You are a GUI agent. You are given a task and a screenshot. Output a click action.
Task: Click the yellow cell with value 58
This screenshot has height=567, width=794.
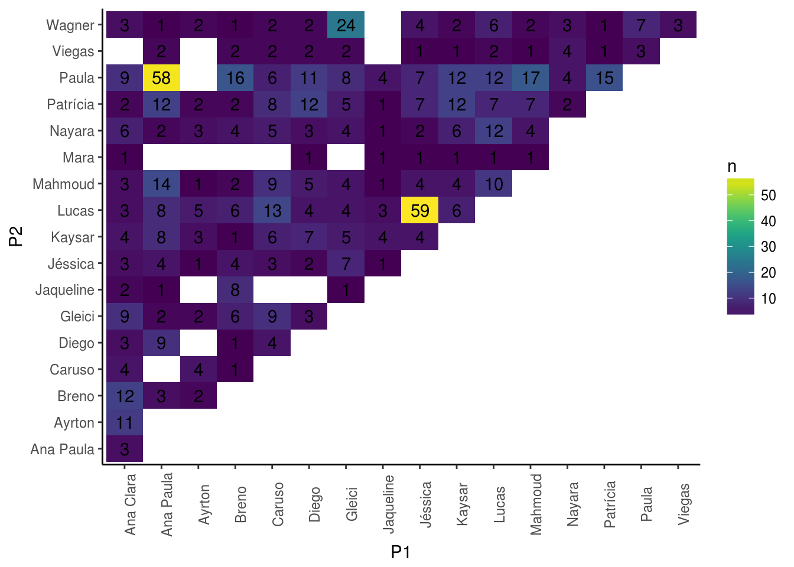[161, 78]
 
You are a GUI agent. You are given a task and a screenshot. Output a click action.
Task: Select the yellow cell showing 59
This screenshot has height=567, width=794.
[419, 210]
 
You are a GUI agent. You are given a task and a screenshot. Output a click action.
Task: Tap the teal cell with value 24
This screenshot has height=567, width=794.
[346, 25]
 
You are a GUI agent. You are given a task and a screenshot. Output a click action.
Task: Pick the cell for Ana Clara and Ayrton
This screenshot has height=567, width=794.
[125, 422]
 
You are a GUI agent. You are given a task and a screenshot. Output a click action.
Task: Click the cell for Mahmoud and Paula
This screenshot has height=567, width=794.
[531, 78]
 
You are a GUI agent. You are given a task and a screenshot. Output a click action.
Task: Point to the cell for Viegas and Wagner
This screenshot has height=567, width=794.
[678, 25]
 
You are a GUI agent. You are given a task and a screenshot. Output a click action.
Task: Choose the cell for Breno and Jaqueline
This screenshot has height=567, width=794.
[235, 290]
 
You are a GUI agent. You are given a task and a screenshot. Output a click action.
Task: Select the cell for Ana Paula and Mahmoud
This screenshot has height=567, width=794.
[161, 184]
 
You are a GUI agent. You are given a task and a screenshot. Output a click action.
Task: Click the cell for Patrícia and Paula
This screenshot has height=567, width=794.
[604, 78]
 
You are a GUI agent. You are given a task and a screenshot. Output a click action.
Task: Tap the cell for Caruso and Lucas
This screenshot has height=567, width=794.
[272, 210]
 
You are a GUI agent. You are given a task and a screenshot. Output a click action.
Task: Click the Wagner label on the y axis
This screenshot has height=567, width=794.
[70, 25]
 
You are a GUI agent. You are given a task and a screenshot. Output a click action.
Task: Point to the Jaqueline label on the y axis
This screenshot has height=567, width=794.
[65, 290]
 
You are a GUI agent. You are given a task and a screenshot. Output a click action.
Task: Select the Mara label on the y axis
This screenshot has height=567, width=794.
[79, 158]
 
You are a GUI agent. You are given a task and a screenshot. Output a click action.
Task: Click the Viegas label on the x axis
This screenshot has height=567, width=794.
[684, 504]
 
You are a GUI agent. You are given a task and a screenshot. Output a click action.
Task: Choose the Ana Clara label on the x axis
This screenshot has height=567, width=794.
[131, 504]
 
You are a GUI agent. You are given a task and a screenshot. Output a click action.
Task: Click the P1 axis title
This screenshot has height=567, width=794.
[401, 552]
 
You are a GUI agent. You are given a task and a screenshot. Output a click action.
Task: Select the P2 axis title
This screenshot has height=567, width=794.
[16, 236]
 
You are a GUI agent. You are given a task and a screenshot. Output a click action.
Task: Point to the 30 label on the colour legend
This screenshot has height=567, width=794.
[768, 247]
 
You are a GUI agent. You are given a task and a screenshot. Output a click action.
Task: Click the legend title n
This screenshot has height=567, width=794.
[732, 167]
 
